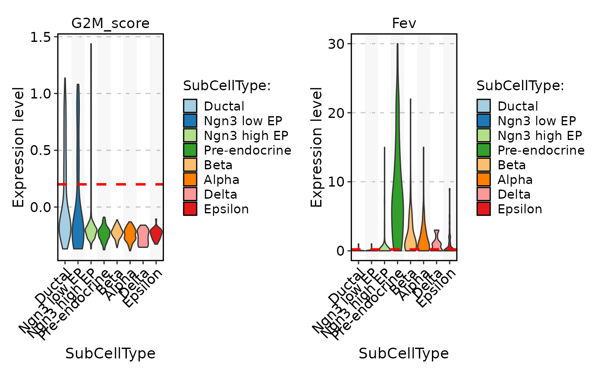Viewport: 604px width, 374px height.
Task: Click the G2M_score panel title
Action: pos(110,23)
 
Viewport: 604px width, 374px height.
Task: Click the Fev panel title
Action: pos(404,23)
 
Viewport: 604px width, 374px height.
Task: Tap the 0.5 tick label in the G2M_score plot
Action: pos(42,150)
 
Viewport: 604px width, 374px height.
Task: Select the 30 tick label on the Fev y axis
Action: pos(338,44)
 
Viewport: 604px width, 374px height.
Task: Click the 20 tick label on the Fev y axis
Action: pos(338,113)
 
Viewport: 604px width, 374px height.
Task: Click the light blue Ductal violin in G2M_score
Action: pos(65,225)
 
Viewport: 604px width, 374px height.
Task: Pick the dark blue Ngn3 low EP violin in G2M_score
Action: pos(78,225)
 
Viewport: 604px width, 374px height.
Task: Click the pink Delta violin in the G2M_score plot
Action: pos(143,236)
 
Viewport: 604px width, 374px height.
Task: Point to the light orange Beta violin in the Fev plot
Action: pos(410,240)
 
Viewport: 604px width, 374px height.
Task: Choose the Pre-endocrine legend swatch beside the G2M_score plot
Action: pos(190,150)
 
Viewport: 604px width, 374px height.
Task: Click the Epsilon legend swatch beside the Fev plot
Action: pos(483,209)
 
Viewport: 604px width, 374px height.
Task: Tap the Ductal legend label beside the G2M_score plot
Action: pos(224,106)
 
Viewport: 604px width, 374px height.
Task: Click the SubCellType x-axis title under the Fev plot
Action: pos(404,354)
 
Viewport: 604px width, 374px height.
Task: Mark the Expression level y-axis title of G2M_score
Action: pos(18,147)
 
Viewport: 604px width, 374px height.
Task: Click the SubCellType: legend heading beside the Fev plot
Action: pos(520,86)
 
